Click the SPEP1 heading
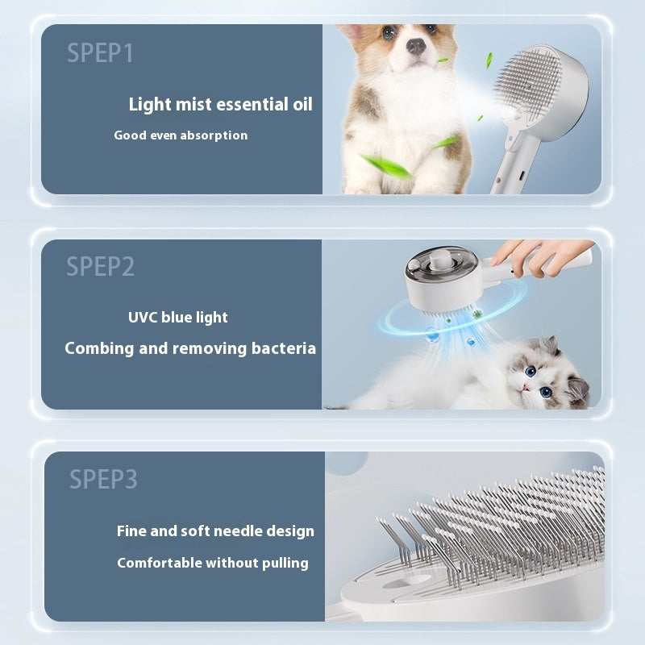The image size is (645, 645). [100, 53]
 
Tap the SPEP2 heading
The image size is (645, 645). [100, 266]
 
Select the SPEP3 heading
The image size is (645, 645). [103, 479]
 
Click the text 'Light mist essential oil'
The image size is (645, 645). [220, 104]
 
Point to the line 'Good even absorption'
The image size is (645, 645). [181, 135]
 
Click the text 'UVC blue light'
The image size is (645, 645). [177, 317]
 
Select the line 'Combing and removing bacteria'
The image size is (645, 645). [190, 348]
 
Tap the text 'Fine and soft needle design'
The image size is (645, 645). [215, 531]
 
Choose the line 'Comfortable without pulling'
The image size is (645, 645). [213, 563]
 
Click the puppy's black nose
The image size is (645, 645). [416, 46]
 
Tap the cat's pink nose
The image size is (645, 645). [526, 386]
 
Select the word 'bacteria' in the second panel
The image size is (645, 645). [283, 348]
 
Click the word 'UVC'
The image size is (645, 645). [143, 317]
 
